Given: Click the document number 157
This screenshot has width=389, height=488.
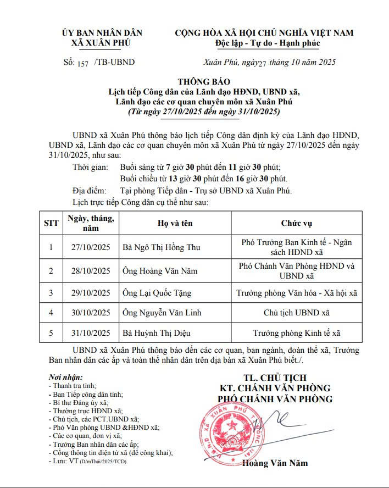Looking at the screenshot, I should [x=83, y=63].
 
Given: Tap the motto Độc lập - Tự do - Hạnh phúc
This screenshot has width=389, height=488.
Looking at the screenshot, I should [x=264, y=43].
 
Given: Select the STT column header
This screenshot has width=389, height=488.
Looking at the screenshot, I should [x=51, y=223].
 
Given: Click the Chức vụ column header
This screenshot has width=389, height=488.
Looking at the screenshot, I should [x=296, y=223].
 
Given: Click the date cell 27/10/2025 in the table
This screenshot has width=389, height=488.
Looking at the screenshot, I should [x=91, y=247].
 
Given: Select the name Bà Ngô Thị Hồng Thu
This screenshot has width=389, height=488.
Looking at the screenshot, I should [x=161, y=247].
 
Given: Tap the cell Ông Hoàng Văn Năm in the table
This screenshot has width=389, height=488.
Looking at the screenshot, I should [x=158, y=270].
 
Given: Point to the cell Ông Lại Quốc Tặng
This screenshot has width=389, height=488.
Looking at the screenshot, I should [x=157, y=293].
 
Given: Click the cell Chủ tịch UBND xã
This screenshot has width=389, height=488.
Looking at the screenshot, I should [x=297, y=313].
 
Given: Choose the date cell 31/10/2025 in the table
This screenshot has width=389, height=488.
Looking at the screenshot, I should [x=91, y=333].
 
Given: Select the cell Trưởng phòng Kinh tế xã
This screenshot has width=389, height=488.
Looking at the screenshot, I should [x=297, y=333].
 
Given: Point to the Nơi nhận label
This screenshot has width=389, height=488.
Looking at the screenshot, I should [x=66, y=378].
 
